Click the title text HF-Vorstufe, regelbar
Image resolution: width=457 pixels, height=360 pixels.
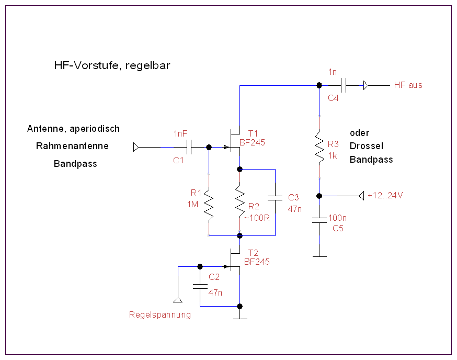112,65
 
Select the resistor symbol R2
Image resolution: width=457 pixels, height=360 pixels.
239,204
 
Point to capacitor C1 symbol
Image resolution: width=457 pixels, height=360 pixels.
189,148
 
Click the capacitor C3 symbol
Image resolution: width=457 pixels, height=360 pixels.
275,198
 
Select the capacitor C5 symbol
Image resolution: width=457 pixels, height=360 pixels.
319,220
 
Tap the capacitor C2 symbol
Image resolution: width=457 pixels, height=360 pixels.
199,286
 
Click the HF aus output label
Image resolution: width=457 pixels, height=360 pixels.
408,85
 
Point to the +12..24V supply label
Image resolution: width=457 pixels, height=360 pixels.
385,196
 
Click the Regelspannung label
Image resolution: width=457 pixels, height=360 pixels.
159,315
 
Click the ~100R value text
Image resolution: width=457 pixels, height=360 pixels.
256,218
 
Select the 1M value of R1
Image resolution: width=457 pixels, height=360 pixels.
192,205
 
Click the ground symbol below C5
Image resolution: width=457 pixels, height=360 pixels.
319,256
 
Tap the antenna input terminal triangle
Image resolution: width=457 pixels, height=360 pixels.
136,148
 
